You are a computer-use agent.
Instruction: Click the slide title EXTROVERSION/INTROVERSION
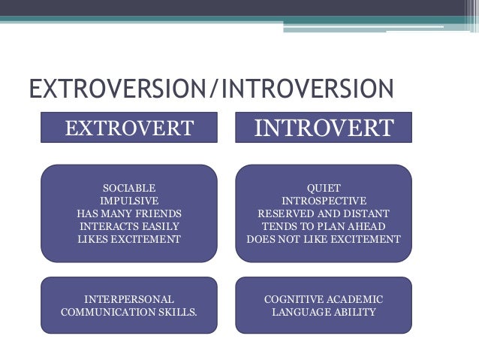(x=211, y=89)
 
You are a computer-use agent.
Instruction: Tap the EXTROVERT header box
(x=129, y=128)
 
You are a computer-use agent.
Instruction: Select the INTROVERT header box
(x=324, y=128)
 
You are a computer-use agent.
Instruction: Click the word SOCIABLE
(x=129, y=188)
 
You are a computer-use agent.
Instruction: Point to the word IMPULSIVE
(x=129, y=201)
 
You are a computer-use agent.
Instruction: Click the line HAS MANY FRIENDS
(x=129, y=213)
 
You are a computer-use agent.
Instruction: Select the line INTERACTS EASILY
(x=129, y=226)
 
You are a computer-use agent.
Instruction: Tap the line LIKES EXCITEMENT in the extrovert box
(x=129, y=239)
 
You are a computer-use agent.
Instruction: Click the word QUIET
(x=324, y=188)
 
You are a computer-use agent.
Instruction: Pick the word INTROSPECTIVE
(x=324, y=201)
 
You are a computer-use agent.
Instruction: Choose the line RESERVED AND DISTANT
(x=324, y=213)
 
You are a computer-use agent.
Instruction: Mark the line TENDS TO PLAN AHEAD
(x=324, y=226)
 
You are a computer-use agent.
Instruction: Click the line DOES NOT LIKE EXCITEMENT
(x=324, y=239)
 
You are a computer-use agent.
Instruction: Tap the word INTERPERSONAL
(x=129, y=298)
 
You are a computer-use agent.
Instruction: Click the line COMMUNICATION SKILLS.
(x=129, y=311)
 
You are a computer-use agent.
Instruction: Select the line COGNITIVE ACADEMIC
(x=324, y=298)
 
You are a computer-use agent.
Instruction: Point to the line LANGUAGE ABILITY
(x=324, y=311)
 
